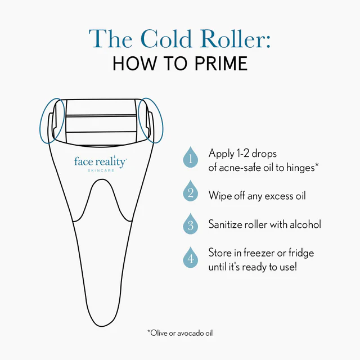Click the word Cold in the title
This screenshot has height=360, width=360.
pyautogui.click(x=166, y=39)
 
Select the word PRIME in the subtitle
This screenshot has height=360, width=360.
pyautogui.click(x=221, y=64)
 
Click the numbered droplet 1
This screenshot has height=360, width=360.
pyautogui.click(x=190, y=157)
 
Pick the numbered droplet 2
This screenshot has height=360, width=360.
pyautogui.click(x=190, y=191)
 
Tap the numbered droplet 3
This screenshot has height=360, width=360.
pyautogui.click(x=190, y=224)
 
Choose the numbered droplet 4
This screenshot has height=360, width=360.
pyautogui.click(x=190, y=258)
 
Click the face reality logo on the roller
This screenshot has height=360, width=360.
pyautogui.click(x=100, y=161)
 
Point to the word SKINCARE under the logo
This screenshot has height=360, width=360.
pyautogui.click(x=101, y=170)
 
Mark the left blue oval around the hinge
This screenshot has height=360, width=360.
pyautogui.click(x=52, y=121)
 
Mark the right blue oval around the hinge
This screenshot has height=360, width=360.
pyautogui.click(x=151, y=120)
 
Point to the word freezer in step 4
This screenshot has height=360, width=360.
pyautogui.click(x=259, y=253)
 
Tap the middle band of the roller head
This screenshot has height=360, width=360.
pyautogui.click(x=101, y=124)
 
